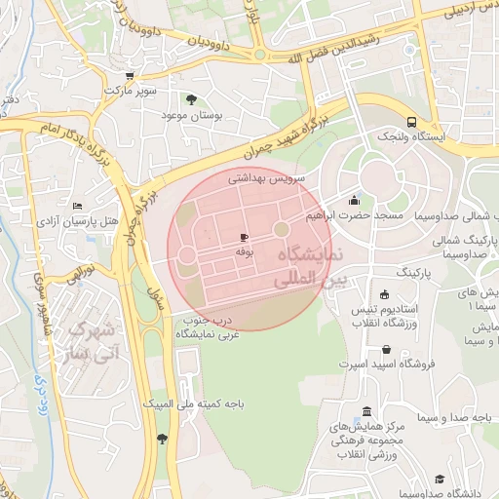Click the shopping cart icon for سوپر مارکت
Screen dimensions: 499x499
click(x=130, y=75)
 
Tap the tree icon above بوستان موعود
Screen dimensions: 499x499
click(x=191, y=99)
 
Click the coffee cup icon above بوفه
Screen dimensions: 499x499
click(x=243, y=237)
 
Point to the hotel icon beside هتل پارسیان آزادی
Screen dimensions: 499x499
click(x=77, y=207)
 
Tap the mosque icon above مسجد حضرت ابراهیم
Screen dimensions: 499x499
click(x=353, y=200)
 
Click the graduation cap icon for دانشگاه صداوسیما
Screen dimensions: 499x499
click(x=440, y=479)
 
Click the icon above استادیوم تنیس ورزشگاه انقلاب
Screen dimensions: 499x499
click(x=385, y=294)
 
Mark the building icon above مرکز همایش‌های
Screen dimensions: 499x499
click(x=366, y=411)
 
